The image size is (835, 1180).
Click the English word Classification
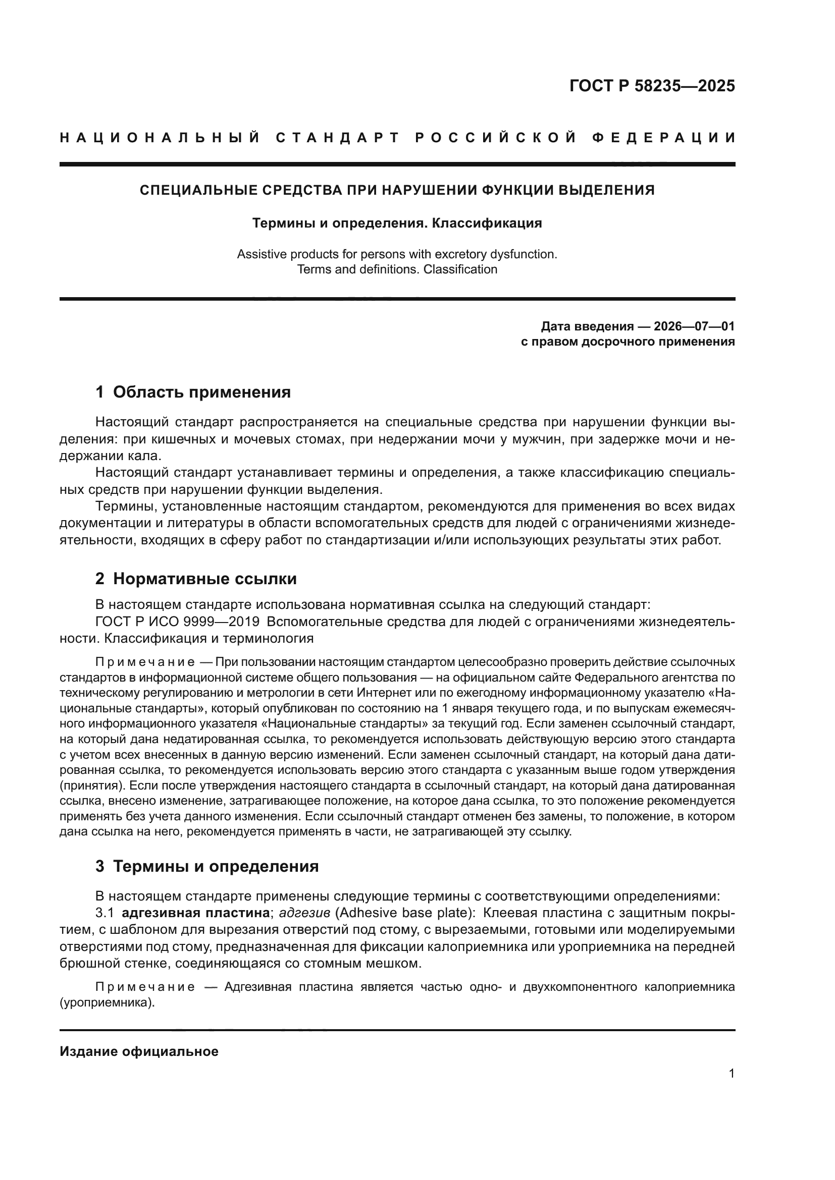point(460,269)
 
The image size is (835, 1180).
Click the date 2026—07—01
point(694,326)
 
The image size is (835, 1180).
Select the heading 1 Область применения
point(193,392)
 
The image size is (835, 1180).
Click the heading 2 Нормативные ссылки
point(196,579)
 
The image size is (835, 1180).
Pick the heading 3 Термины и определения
point(206,866)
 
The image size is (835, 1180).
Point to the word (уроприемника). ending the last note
point(107,1003)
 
